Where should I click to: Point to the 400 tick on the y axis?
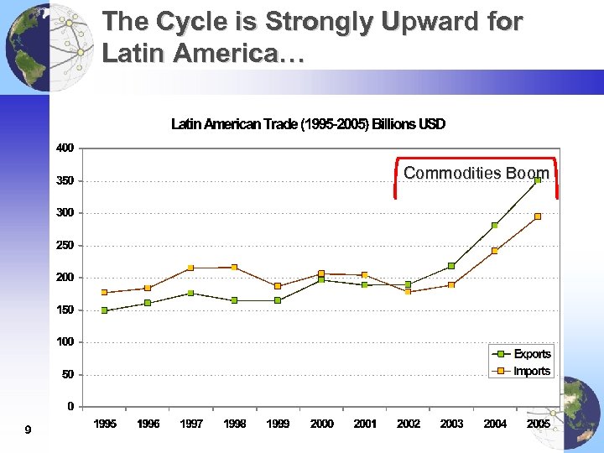[x=65, y=148]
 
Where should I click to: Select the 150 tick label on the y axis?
[x=65, y=310]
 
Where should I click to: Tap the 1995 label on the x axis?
[x=105, y=424]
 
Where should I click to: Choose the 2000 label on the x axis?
[x=321, y=424]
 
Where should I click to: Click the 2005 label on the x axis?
[x=538, y=424]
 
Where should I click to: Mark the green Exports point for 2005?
[x=538, y=180]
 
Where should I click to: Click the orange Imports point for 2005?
[x=538, y=216]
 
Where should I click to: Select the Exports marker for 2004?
[x=495, y=225]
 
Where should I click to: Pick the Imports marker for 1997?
[x=191, y=268]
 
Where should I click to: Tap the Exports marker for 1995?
[x=105, y=310]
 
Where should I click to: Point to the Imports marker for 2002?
[x=409, y=291]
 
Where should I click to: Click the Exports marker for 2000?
[x=321, y=279]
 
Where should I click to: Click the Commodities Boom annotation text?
[x=476, y=173]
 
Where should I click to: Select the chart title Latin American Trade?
[x=308, y=124]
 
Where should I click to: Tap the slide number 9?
[x=28, y=430]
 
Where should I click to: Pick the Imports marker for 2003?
[x=451, y=285]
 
